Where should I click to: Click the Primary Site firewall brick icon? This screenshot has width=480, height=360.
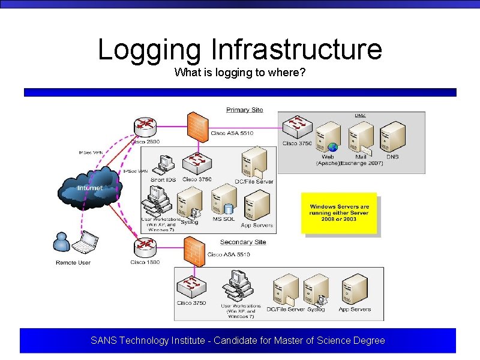pyautogui.click(x=197, y=125)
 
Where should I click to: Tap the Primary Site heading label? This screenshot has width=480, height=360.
pyautogui.click(x=244, y=110)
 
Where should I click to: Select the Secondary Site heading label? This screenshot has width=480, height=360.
pyautogui.click(x=242, y=242)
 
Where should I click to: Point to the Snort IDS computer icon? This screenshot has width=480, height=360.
pyautogui.click(x=163, y=164)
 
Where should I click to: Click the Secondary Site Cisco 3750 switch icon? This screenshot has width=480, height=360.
pyautogui.click(x=191, y=286)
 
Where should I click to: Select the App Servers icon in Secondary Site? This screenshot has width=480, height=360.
pyautogui.click(x=354, y=289)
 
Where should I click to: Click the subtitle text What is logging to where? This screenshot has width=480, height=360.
pyautogui.click(x=240, y=73)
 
